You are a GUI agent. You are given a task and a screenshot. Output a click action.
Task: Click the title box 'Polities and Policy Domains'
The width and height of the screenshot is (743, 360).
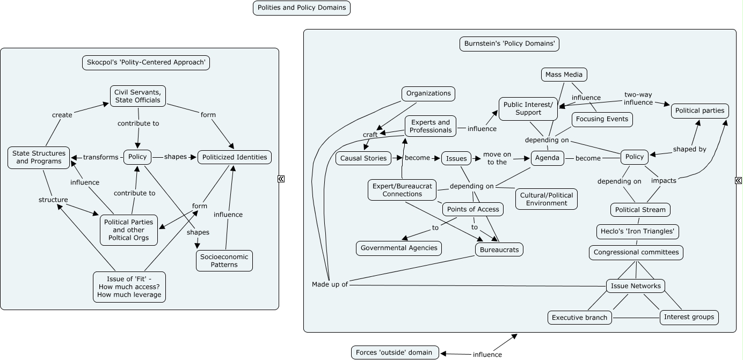(x=301, y=8)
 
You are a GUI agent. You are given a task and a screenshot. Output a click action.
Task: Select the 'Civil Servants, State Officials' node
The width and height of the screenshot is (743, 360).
(x=137, y=95)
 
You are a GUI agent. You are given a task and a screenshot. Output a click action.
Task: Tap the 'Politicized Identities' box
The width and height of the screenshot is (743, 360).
(x=234, y=157)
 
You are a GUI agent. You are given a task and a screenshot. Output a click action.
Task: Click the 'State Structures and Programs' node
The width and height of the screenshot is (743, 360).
(x=39, y=157)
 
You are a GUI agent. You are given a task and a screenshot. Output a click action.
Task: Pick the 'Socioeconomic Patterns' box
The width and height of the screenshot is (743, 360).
(x=224, y=261)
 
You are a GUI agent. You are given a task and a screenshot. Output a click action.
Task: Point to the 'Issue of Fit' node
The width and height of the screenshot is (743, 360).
(x=129, y=286)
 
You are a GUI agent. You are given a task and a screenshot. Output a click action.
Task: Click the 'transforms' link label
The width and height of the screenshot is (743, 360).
(x=100, y=157)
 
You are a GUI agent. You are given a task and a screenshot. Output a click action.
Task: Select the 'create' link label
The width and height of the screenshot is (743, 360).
(x=62, y=115)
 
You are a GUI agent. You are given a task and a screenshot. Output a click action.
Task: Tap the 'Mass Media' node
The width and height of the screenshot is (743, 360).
(x=564, y=75)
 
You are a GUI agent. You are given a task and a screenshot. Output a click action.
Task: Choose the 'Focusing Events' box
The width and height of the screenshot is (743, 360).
(x=602, y=119)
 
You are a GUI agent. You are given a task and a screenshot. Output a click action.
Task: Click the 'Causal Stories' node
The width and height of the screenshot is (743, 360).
(x=363, y=158)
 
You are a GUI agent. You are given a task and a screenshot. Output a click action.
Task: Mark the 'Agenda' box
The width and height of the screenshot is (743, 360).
(x=548, y=158)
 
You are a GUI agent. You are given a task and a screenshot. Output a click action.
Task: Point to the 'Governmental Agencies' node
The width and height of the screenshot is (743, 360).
(x=399, y=248)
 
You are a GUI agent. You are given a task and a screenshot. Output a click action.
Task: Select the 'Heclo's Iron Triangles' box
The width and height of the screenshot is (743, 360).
(x=638, y=232)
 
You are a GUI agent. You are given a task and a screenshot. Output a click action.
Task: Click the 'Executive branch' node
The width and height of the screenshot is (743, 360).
(x=579, y=318)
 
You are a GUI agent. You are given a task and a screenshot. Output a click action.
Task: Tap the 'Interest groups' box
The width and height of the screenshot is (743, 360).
(x=689, y=317)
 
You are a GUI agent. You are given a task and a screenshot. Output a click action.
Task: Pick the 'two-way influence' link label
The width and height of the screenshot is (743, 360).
(x=638, y=98)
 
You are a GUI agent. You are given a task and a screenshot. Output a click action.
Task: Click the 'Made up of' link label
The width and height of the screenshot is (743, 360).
(x=330, y=284)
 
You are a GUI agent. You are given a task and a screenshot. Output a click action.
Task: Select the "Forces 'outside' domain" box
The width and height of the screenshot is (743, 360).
(x=395, y=352)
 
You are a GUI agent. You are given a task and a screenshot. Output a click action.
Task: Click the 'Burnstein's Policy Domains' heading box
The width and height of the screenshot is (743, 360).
(x=509, y=43)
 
